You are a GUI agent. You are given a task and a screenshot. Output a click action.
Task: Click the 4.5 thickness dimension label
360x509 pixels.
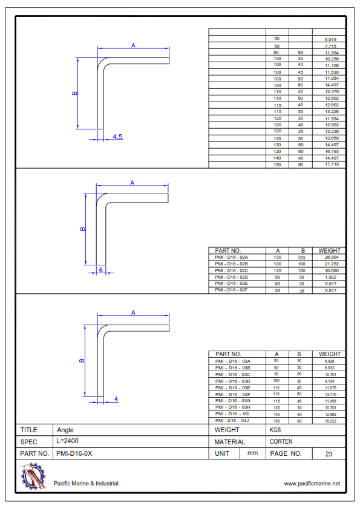click(x=117, y=137)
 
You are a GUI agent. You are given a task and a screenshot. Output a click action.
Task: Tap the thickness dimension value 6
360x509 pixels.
click(x=101, y=270)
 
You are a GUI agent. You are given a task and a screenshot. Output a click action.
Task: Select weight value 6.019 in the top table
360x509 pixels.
click(x=330, y=40)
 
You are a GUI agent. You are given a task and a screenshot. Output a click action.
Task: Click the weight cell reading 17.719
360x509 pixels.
click(x=332, y=164)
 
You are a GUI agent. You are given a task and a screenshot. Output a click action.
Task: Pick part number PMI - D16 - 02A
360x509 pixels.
click(x=231, y=257)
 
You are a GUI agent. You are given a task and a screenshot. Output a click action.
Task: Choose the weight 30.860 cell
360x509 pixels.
click(x=332, y=270)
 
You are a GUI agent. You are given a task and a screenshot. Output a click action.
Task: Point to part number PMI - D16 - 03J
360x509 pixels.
click(x=232, y=420)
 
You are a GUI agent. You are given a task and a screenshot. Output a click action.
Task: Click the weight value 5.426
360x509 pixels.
click(x=330, y=361)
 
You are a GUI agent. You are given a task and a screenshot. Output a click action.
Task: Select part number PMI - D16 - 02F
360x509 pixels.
click(x=231, y=290)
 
